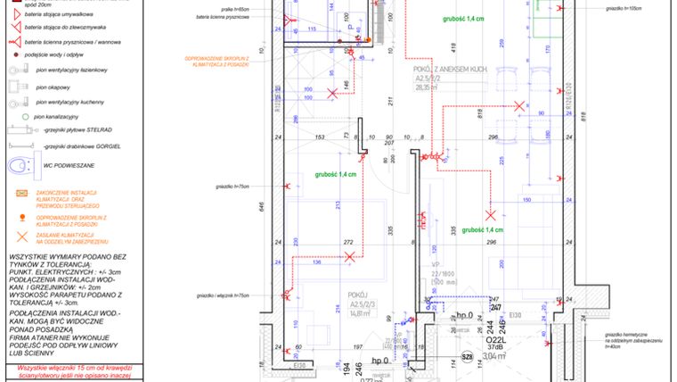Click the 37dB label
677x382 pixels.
tap(495, 348)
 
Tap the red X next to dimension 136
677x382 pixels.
tap(349, 257)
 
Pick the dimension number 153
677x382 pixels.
tap(319, 137)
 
